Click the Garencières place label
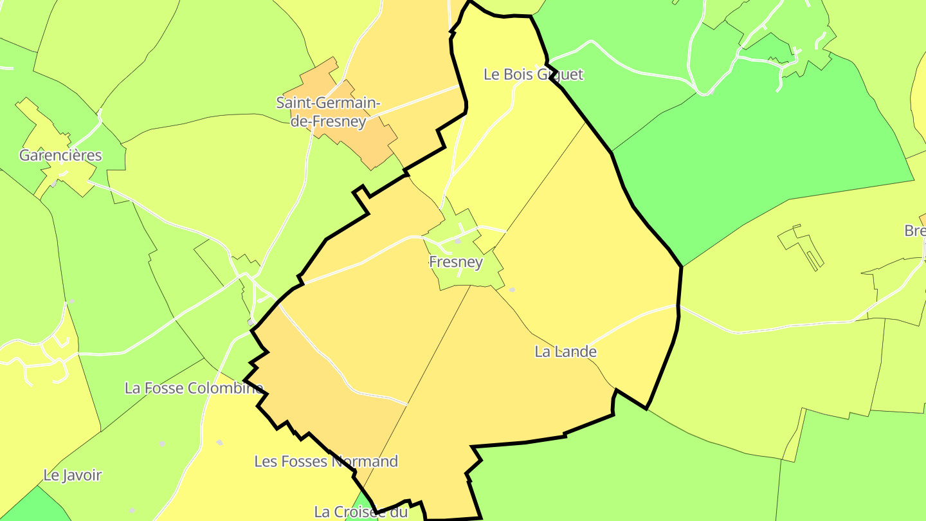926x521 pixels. pyautogui.click(x=60, y=155)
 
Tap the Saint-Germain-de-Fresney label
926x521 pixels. pyautogui.click(x=328, y=111)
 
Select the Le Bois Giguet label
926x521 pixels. pyautogui.click(x=533, y=75)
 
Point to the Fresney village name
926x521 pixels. pyautogui.click(x=455, y=262)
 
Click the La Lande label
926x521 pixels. pyautogui.click(x=565, y=352)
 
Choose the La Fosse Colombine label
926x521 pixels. pyautogui.click(x=194, y=388)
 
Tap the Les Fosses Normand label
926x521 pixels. pyautogui.click(x=326, y=461)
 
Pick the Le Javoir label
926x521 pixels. pyautogui.click(x=73, y=475)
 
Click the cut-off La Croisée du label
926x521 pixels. pyautogui.click(x=361, y=512)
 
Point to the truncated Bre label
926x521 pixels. pyautogui.click(x=915, y=231)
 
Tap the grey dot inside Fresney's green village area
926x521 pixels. pyautogui.click(x=458, y=241)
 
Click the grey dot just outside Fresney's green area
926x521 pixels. pyautogui.click(x=513, y=290)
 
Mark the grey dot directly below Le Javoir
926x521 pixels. pyautogui.click(x=132, y=510)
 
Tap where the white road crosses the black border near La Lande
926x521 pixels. pyautogui.click(x=678, y=306)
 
